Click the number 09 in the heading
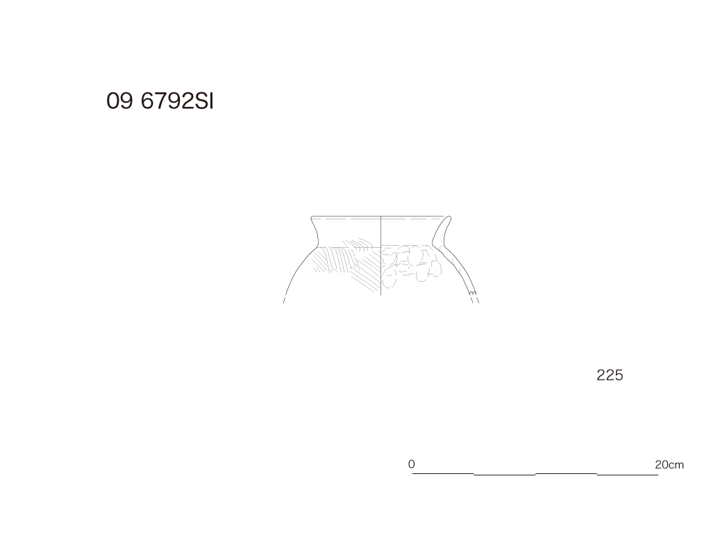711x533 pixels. [119, 101]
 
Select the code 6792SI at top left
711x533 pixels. [177, 101]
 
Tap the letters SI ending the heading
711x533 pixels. [204, 101]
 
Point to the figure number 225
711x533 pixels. [610, 375]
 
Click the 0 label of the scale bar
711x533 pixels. [411, 464]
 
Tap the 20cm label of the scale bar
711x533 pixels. [669, 464]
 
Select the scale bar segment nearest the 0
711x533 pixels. [442, 473]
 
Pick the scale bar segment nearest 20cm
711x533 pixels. [628, 475]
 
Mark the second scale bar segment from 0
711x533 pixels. [504, 475]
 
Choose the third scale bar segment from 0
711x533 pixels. [566, 473]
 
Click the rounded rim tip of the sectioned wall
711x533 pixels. [449, 217]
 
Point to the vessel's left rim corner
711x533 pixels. [312, 217]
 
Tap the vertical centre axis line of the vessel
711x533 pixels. [381, 255]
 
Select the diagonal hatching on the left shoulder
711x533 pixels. [347, 265]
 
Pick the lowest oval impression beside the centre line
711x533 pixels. [389, 280]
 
